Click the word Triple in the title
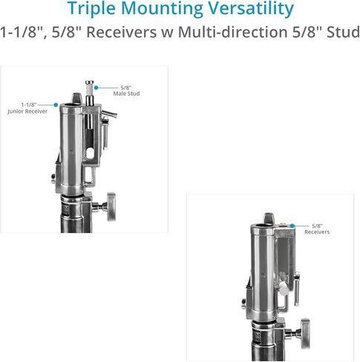(92, 8)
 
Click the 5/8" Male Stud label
(126, 90)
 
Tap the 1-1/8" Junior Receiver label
(27, 108)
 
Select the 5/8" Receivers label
(317, 229)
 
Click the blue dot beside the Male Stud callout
(96, 88)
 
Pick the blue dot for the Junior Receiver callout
(56, 105)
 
